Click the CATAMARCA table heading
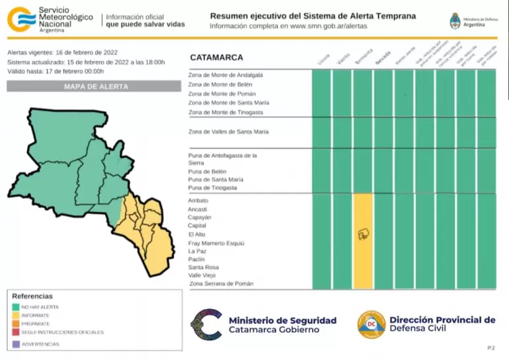[216, 57]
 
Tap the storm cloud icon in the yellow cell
[363, 234]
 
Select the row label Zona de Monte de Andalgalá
[225, 75]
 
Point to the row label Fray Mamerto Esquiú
[216, 243]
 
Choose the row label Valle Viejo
[202, 275]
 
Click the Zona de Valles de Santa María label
[228, 132]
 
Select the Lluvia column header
[323, 59]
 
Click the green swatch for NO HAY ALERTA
[15, 307]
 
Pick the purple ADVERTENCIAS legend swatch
[15, 344]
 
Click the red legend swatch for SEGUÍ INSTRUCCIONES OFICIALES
[15, 332]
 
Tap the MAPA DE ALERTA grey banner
[93, 87]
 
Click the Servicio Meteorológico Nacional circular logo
[20, 19]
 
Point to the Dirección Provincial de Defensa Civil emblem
[372, 324]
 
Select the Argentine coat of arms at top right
[455, 20]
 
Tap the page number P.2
[490, 347]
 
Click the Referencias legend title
[32, 297]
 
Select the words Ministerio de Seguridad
[282, 320]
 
